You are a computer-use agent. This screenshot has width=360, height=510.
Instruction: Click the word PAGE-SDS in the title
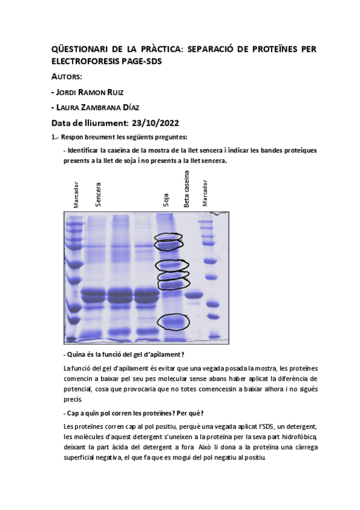[x=141, y=61]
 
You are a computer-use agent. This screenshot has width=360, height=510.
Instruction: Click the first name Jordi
[x=66, y=93]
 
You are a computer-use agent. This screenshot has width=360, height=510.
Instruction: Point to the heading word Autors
[x=67, y=77]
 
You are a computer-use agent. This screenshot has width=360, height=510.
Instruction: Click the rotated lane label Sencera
[x=98, y=194]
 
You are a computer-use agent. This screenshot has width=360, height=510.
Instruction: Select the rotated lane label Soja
[x=166, y=200]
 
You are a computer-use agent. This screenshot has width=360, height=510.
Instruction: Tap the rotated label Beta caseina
[x=186, y=189]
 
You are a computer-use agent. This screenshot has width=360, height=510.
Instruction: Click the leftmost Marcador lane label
[x=76, y=194]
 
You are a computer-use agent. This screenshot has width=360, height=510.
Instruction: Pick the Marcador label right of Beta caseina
[x=205, y=193]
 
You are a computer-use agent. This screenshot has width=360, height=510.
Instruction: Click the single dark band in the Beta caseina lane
[x=194, y=295]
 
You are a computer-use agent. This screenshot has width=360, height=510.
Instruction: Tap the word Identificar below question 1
[x=83, y=150]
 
